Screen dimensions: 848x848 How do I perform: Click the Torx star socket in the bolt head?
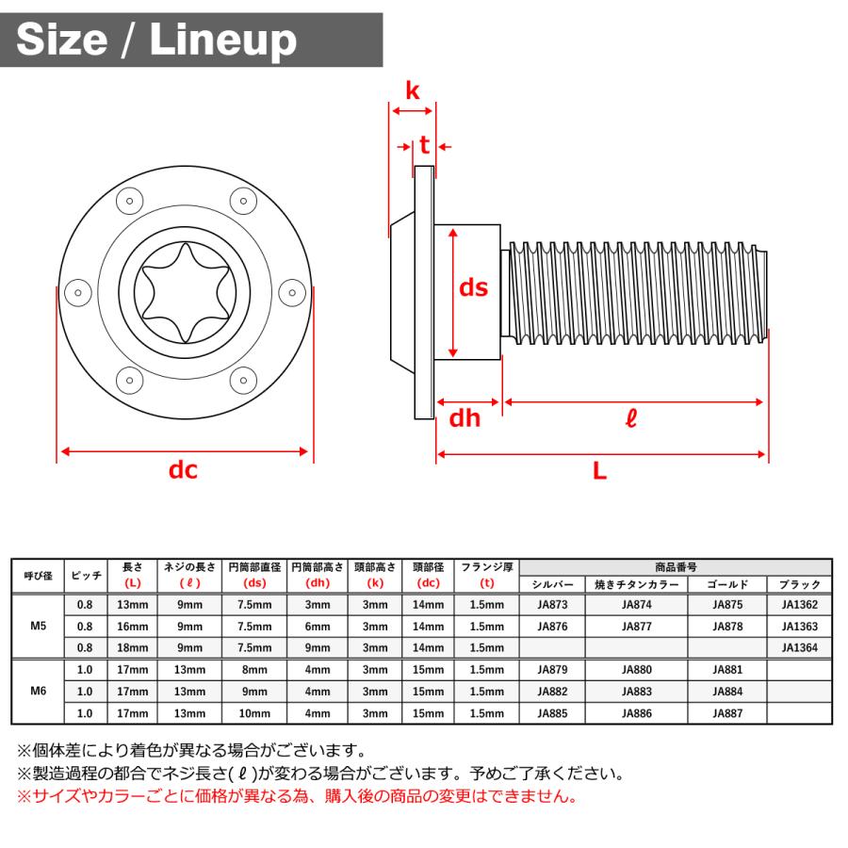(184, 292)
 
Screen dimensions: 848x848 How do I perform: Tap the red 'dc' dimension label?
(183, 469)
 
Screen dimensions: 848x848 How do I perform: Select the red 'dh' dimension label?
(464, 417)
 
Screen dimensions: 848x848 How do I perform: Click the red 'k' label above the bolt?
(412, 90)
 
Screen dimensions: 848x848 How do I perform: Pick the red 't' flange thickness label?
(424, 145)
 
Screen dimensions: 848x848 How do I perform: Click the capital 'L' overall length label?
(599, 472)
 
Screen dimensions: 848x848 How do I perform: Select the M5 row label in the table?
(39, 626)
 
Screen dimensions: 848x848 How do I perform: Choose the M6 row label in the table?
(39, 691)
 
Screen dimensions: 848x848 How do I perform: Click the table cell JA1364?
(799, 648)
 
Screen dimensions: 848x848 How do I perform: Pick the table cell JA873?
(552, 604)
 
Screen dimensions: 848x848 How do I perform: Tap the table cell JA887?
(727, 713)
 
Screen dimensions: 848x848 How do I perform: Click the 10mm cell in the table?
(254, 713)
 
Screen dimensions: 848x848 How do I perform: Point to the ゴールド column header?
(727, 584)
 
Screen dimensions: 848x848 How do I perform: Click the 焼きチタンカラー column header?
(636, 584)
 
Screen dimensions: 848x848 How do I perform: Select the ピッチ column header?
(87, 575)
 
